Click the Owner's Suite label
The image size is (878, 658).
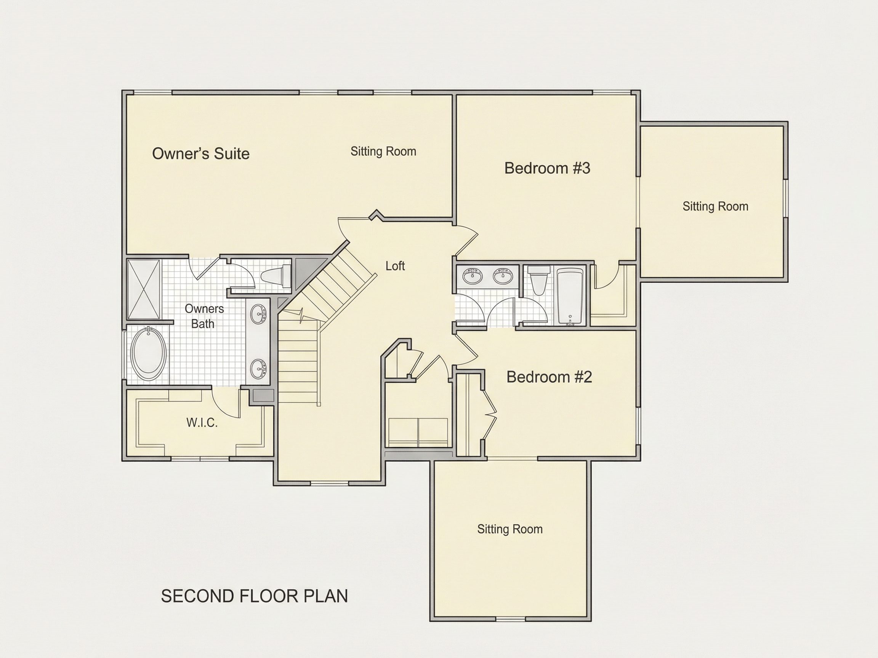[201, 153]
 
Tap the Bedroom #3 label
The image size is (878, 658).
[547, 168]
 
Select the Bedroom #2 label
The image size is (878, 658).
[550, 377]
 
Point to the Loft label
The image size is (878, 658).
[395, 266]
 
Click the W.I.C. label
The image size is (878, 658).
[202, 423]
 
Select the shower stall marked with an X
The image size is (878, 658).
[144, 289]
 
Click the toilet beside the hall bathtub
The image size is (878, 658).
[538, 280]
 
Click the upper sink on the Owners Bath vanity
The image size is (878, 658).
[259, 314]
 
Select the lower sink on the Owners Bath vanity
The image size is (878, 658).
[259, 368]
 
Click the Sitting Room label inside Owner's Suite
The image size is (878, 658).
[383, 151]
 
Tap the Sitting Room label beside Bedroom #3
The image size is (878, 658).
[715, 206]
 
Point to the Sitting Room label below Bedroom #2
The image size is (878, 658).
[510, 529]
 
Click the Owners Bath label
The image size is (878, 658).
[204, 316]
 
